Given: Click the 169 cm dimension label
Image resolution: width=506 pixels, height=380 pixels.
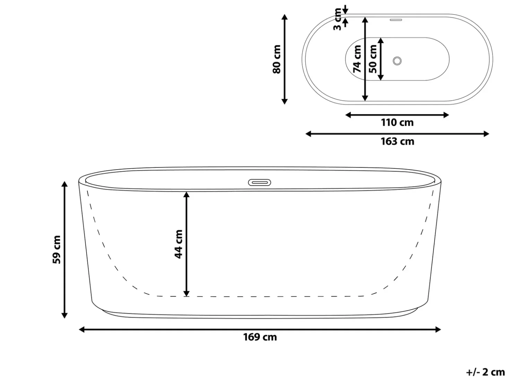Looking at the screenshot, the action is pyautogui.click(x=260, y=337).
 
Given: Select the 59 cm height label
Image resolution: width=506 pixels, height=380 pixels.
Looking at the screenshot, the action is pyautogui.click(x=56, y=250).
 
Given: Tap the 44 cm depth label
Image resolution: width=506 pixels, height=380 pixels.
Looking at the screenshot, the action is pyautogui.click(x=178, y=244).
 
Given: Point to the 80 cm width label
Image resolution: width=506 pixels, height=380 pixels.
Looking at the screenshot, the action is pyautogui.click(x=277, y=59).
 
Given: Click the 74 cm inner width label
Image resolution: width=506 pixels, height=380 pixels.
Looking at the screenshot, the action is pyautogui.click(x=357, y=59).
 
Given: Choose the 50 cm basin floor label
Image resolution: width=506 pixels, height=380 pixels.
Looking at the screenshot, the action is pyautogui.click(x=373, y=59).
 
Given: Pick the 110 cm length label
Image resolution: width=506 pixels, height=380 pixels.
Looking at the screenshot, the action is pyautogui.click(x=397, y=123).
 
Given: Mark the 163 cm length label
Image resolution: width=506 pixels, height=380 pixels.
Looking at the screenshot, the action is pyautogui.click(x=397, y=141).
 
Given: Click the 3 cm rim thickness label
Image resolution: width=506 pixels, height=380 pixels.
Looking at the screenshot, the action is pyautogui.click(x=338, y=19).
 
